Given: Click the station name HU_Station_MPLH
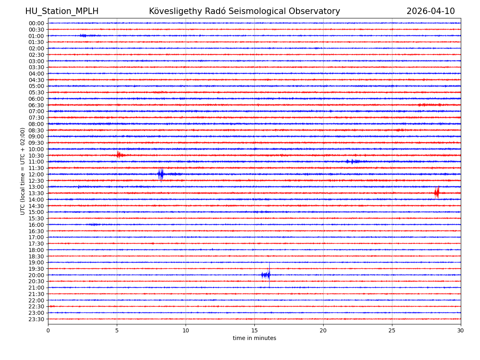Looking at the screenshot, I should (x=62, y=12).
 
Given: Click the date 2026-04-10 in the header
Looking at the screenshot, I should (x=430, y=12).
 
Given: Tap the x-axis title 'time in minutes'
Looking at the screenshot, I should (x=254, y=338).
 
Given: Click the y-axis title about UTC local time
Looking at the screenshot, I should (x=23, y=171).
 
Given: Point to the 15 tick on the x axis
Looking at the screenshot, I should (x=254, y=330).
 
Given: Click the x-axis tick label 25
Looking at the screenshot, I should (x=392, y=330).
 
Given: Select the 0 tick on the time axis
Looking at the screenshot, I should (x=48, y=330).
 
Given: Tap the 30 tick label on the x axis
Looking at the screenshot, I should (x=461, y=330).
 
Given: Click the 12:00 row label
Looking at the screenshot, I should (x=36, y=174).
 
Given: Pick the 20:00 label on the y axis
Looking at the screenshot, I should (x=36, y=275).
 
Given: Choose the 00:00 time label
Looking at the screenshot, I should (x=36, y=23).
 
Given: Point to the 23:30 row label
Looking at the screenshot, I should (x=36, y=319).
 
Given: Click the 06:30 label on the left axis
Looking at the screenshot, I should (x=36, y=105).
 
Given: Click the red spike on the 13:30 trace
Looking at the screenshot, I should (x=436, y=193).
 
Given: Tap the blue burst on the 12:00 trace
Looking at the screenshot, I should (x=161, y=174).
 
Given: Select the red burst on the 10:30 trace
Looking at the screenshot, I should (x=119, y=155).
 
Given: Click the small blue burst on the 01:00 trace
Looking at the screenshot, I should (x=84, y=36).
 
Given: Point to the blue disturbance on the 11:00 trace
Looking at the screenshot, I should (x=352, y=162).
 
